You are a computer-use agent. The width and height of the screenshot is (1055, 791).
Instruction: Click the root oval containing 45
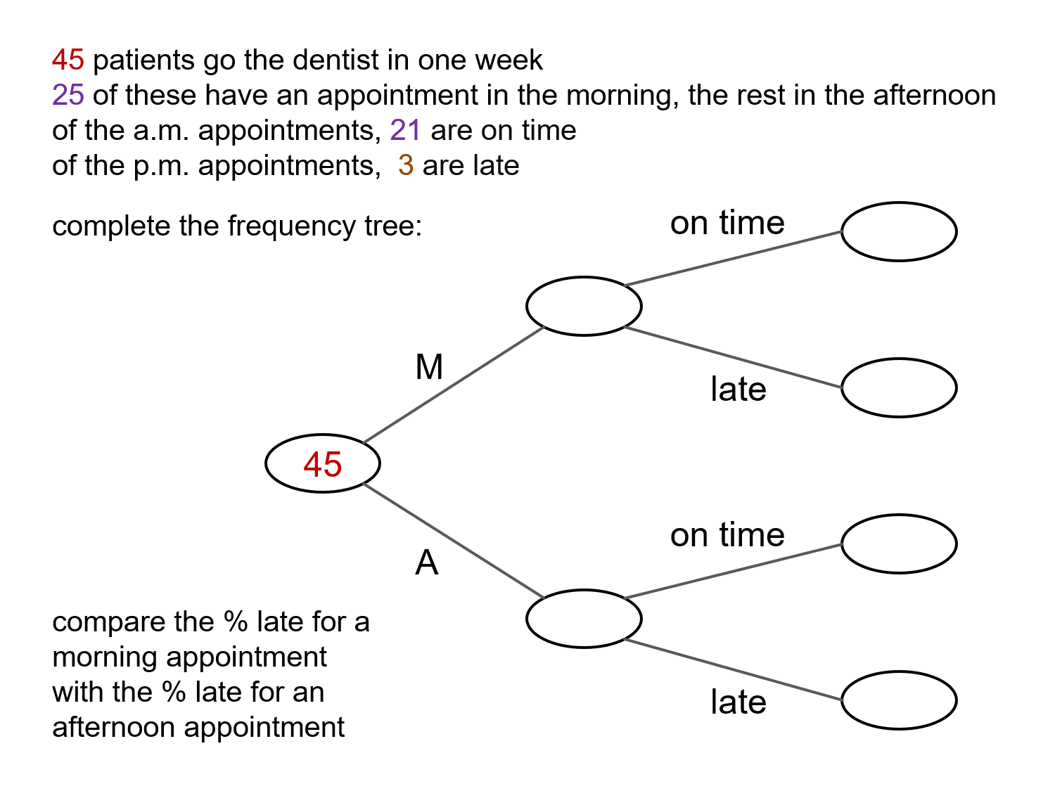point(323,463)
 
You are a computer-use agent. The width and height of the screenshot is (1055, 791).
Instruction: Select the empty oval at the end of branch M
point(584,306)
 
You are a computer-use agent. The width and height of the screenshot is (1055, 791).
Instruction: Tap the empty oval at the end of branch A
point(584,618)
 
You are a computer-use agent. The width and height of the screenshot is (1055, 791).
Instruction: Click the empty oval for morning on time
point(899,231)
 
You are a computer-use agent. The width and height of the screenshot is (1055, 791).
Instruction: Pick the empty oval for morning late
point(899,387)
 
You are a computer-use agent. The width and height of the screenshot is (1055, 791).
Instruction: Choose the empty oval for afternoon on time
point(899,544)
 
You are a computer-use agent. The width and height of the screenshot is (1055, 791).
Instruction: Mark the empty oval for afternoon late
point(899,700)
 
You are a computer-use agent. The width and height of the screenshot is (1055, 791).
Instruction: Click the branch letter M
point(429,367)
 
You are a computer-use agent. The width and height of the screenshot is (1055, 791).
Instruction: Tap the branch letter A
point(427,562)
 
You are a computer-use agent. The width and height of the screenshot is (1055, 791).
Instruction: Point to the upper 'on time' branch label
point(727,224)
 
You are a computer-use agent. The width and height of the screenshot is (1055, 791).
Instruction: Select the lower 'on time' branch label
point(727,536)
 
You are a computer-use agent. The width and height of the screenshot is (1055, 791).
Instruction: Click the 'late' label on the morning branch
point(738,390)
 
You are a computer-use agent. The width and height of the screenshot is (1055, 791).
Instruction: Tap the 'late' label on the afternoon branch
point(738,702)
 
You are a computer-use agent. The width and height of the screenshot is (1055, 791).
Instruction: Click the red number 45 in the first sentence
point(68,60)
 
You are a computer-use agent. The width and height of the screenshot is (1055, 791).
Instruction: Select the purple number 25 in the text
point(68,96)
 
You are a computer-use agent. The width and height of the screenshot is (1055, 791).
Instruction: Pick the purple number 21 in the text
point(405,131)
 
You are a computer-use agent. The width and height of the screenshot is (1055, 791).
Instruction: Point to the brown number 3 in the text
point(406,166)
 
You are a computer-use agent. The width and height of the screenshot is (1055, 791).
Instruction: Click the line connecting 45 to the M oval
point(454,385)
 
